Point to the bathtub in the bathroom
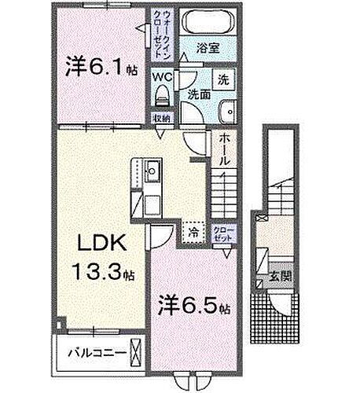(208, 23)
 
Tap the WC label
(162, 77)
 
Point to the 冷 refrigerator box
(193, 232)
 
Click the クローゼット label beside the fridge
(222, 232)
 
